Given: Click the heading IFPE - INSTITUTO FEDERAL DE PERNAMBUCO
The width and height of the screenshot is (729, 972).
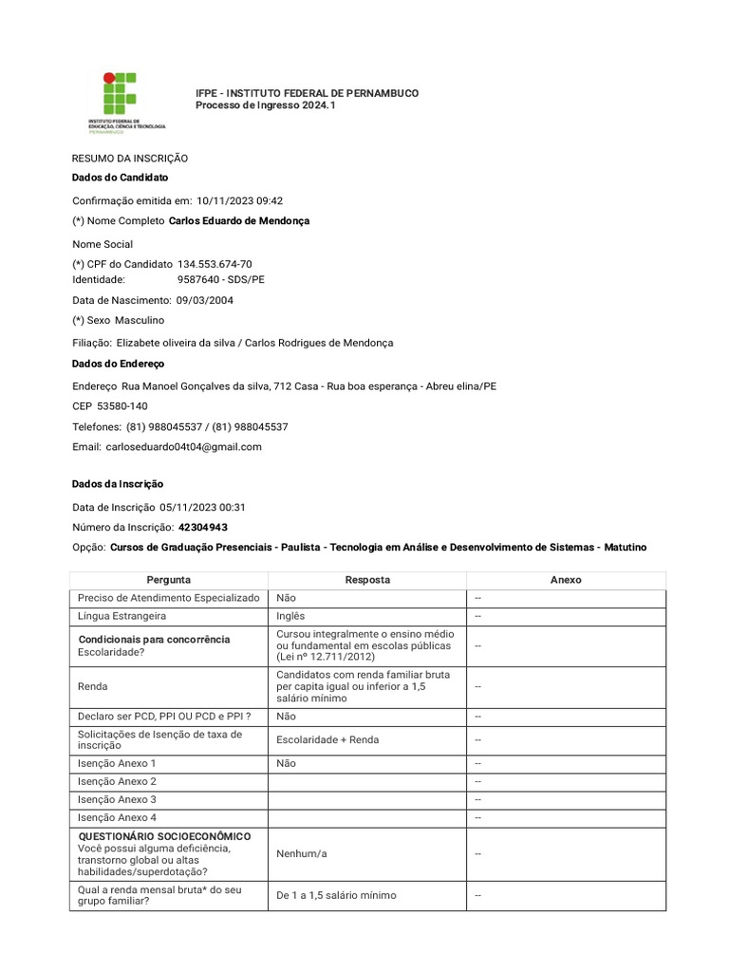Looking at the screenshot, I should (x=307, y=93).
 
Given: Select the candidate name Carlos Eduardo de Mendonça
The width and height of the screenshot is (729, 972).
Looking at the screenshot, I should (x=238, y=221).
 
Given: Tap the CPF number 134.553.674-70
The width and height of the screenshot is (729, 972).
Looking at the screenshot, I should (x=215, y=264).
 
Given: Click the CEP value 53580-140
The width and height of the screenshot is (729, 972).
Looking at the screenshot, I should (x=122, y=406).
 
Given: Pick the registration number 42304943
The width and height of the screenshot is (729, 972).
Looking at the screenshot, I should (x=202, y=527).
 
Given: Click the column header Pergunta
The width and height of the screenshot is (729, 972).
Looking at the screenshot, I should (x=169, y=580).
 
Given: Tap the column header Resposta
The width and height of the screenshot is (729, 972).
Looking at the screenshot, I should (x=367, y=580).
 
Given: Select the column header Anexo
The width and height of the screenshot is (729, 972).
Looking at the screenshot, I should (x=566, y=580).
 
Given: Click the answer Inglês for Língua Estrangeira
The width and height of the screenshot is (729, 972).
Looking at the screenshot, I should (x=290, y=616).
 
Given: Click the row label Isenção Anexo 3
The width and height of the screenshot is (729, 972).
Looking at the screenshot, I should (x=117, y=799).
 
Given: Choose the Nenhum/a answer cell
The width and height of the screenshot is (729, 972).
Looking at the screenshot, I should (x=301, y=853).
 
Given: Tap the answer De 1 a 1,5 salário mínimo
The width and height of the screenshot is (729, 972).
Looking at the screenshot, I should (x=336, y=895).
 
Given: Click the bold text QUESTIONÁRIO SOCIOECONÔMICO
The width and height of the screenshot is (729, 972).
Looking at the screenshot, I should (x=164, y=836).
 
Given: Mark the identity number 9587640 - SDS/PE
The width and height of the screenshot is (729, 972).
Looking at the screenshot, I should (x=221, y=280).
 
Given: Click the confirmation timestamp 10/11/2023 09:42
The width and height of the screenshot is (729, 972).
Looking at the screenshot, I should (x=239, y=200).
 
